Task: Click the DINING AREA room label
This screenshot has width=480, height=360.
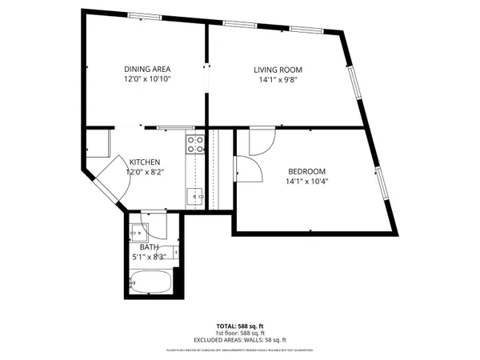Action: pyautogui.click(x=146, y=69)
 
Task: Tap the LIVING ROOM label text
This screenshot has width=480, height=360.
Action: pyautogui.click(x=278, y=70)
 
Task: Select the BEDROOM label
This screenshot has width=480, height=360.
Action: pyautogui.click(x=306, y=171)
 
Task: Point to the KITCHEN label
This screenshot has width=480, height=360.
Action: pyautogui.click(x=144, y=161)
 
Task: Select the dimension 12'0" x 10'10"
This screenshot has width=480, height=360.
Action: pyautogui.click(x=147, y=80)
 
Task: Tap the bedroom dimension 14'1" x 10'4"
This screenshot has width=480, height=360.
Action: pyautogui.click(x=307, y=182)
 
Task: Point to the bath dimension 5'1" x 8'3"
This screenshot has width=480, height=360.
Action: pyautogui.click(x=150, y=257)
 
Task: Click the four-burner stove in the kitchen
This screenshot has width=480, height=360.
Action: pyautogui.click(x=194, y=145)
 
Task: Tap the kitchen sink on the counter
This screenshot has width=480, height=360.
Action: pyautogui.click(x=194, y=194)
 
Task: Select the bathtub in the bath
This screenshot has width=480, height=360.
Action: pyautogui.click(x=150, y=282)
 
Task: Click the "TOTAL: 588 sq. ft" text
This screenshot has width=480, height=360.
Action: pyautogui.click(x=240, y=326)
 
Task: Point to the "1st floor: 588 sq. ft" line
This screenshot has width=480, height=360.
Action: pyautogui.click(x=240, y=334)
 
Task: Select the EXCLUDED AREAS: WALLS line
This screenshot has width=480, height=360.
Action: pyautogui.click(x=240, y=341)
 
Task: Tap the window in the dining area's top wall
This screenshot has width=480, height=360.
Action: pyautogui.click(x=144, y=15)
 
